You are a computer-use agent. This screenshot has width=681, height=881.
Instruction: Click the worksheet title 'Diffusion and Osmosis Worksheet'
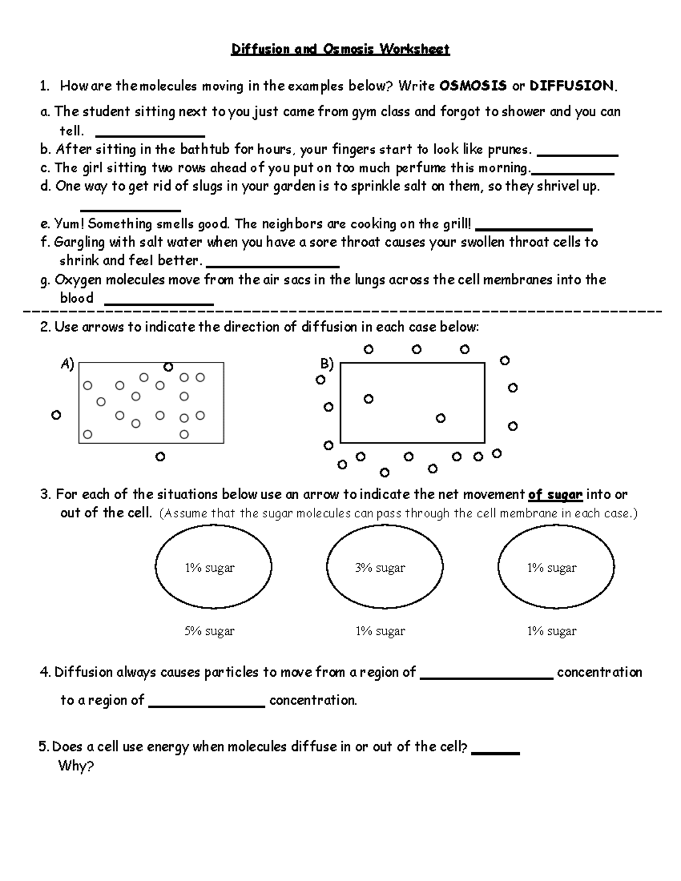pos(340,49)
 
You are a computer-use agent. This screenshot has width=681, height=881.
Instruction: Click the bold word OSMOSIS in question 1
pos(473,86)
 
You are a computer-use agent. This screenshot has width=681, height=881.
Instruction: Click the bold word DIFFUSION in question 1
pos(571,86)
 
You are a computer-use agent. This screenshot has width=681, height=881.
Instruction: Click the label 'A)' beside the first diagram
pos(68,364)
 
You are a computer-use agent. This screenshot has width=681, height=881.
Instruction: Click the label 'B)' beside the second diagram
pos(327,364)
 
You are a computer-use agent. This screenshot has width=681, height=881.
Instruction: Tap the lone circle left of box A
pos(56,415)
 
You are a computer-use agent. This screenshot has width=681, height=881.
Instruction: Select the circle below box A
pos(160,456)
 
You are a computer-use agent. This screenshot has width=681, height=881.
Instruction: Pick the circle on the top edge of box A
pos(168,367)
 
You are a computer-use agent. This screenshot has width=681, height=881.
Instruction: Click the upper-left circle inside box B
pos(368,399)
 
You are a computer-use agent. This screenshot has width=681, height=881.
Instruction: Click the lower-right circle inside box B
pos(440,418)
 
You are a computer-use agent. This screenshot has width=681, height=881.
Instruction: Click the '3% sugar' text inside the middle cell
pos(380,568)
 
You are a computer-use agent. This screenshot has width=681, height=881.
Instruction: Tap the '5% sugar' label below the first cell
pos(209,631)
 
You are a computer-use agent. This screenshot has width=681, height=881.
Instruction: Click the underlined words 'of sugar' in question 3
pos(555,495)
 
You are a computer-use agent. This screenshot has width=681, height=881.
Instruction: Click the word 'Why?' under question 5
pos(76,766)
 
